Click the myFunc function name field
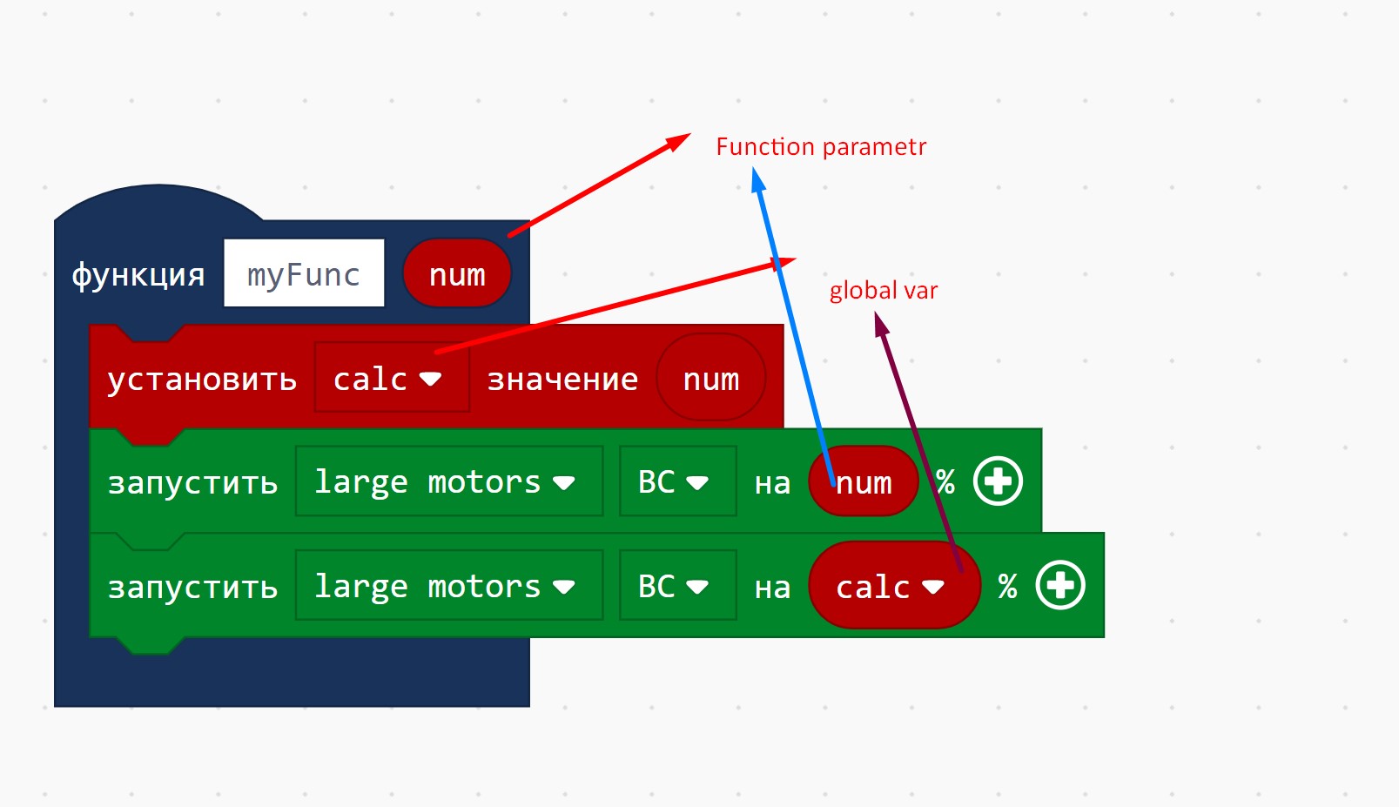(x=303, y=273)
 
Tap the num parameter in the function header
(x=457, y=274)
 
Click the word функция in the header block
(x=138, y=274)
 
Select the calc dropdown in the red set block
(x=391, y=379)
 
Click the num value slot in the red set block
(x=710, y=379)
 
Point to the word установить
(x=202, y=379)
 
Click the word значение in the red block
(x=562, y=379)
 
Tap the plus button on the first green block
(x=998, y=481)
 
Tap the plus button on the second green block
(x=1060, y=584)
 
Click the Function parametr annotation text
(x=821, y=146)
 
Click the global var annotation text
(x=884, y=290)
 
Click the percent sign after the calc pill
(x=1007, y=586)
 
